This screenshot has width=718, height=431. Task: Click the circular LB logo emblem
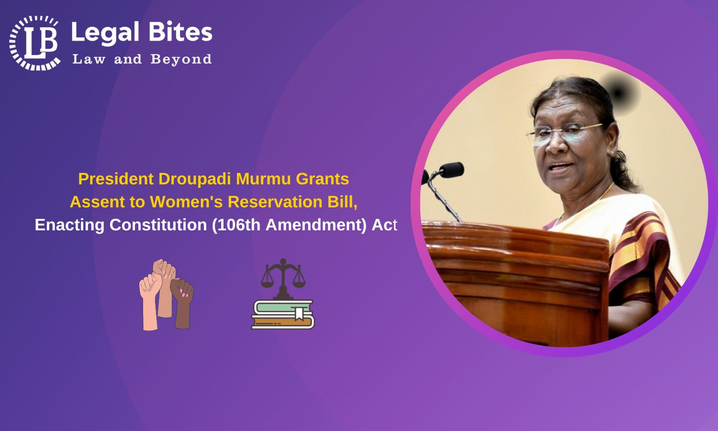(35, 43)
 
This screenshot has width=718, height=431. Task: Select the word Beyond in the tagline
(181, 59)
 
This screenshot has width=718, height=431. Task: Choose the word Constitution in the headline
(158, 225)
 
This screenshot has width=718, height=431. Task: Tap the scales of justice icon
(283, 279)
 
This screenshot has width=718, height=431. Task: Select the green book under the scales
(283, 307)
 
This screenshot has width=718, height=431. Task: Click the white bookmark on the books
(299, 313)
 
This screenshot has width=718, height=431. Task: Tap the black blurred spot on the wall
(618, 93)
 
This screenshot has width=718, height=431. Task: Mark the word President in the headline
(116, 179)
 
